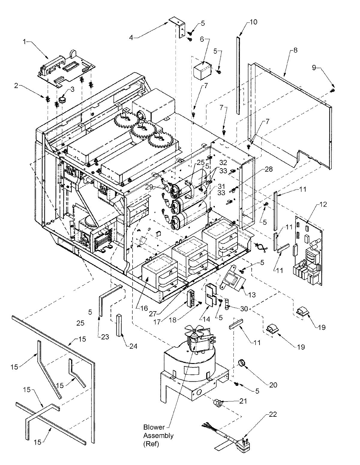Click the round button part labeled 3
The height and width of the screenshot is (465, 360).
[63, 99]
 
